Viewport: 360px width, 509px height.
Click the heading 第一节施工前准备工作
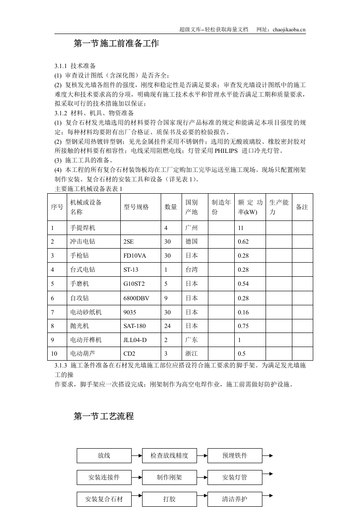[x=116, y=44]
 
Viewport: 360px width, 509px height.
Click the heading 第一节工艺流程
[x=104, y=416]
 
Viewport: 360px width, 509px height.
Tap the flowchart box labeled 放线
[x=104, y=455]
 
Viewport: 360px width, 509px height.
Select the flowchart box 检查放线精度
[x=169, y=455]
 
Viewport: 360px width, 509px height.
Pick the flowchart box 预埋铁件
[x=235, y=455]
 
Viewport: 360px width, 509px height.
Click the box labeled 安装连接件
[x=104, y=478]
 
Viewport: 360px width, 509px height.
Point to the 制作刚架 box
[x=169, y=478]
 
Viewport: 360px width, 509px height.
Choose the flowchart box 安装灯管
[x=235, y=478]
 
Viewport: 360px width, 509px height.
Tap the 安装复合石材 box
[x=104, y=499]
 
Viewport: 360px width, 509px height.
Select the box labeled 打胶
[x=169, y=499]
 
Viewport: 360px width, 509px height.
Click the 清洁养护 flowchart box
[x=235, y=499]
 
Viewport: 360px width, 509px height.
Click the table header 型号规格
[x=136, y=207]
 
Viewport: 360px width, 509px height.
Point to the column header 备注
[x=302, y=207]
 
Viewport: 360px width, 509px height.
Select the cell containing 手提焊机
[x=83, y=228]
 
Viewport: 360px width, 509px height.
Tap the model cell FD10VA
[x=135, y=256]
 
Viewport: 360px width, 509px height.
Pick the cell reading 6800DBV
[x=136, y=298]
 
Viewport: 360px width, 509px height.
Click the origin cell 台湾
[x=192, y=270]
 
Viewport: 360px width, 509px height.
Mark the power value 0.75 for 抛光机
[x=244, y=326]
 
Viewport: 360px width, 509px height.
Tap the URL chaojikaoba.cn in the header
[x=290, y=29]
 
